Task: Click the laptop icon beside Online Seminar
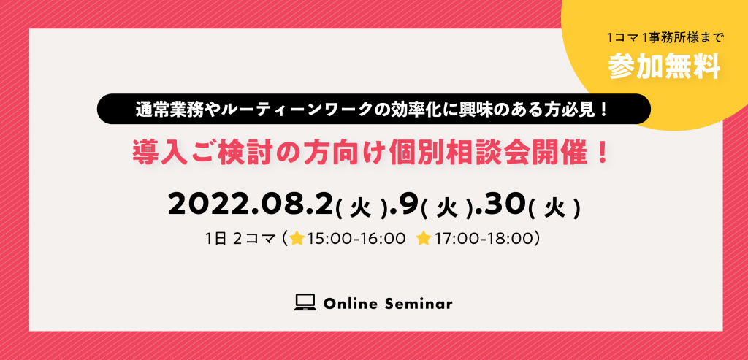[x=305, y=303]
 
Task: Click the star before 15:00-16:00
[x=297, y=238]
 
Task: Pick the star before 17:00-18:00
[x=424, y=238]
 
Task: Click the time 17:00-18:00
[x=483, y=239]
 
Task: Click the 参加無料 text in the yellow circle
[x=664, y=67]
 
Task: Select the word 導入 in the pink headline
[x=155, y=153]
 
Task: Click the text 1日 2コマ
[x=241, y=239]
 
